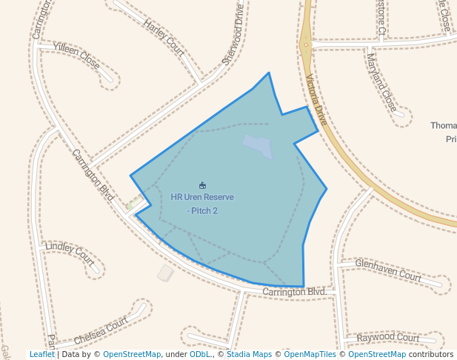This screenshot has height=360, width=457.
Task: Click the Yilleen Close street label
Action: click(76, 56)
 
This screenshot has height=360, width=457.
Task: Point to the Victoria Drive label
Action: click(316, 99)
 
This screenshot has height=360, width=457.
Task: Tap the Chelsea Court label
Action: click(101, 332)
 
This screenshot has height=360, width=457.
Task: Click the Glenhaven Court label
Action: click(387, 269)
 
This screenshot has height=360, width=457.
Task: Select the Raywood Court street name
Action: click(387, 338)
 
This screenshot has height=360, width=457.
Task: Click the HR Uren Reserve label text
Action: click(202, 197)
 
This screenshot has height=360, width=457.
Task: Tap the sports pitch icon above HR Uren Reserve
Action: click(202, 185)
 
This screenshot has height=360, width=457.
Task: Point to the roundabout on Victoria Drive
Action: click(305, 44)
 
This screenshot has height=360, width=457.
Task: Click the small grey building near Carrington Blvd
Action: click(165, 273)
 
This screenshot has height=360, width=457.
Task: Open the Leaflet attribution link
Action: click(42, 355)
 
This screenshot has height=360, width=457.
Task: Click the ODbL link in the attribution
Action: click(199, 355)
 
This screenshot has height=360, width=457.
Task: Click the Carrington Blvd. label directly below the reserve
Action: click(295, 293)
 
